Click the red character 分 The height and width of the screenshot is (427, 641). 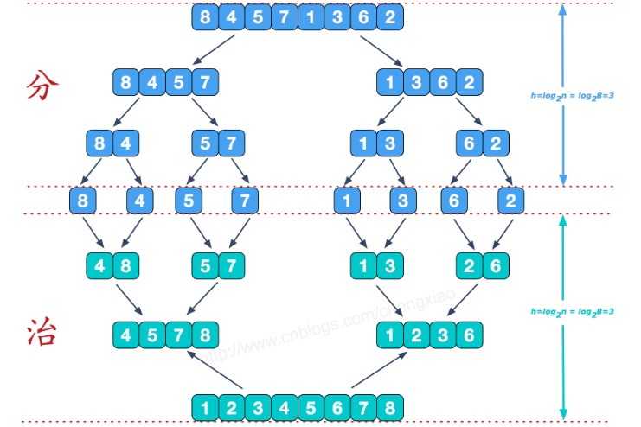[43, 86]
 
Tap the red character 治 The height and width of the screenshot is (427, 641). [43, 331]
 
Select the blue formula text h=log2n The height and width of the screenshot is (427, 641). [572, 96]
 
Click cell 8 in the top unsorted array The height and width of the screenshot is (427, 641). [205, 17]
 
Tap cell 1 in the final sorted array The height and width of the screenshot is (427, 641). [205, 406]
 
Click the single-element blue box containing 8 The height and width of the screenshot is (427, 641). [84, 201]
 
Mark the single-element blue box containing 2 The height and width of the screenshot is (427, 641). [510, 201]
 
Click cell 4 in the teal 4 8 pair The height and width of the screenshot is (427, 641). [100, 266]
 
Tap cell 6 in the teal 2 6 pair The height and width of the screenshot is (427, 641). [495, 266]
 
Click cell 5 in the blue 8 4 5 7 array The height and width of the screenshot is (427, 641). [178, 84]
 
